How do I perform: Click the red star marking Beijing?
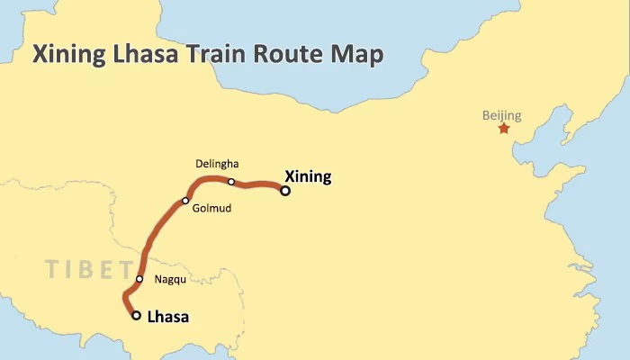point(503,129)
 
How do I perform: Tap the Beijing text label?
point(501,115)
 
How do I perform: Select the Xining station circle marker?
point(285,190)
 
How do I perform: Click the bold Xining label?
point(307,176)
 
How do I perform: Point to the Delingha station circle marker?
point(231,182)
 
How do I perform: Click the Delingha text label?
point(217,164)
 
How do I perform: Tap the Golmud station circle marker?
point(185,201)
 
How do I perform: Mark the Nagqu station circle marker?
point(139,279)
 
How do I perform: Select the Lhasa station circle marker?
point(136,315)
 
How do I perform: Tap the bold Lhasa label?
point(167,317)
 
